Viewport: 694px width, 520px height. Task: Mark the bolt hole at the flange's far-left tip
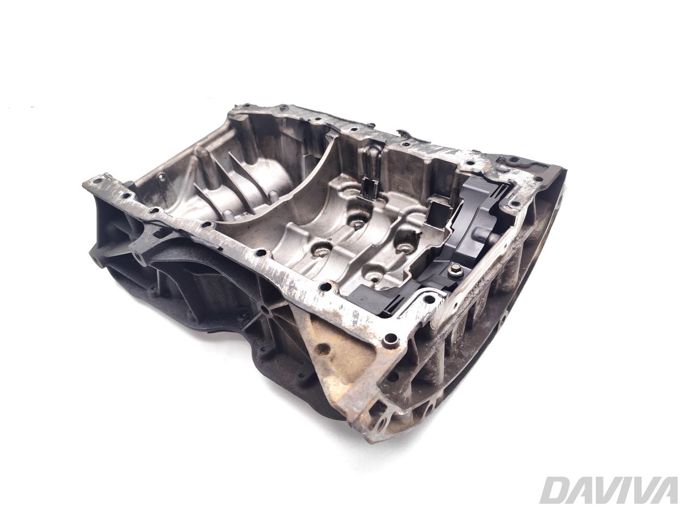99,179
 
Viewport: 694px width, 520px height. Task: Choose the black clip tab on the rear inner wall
371,187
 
